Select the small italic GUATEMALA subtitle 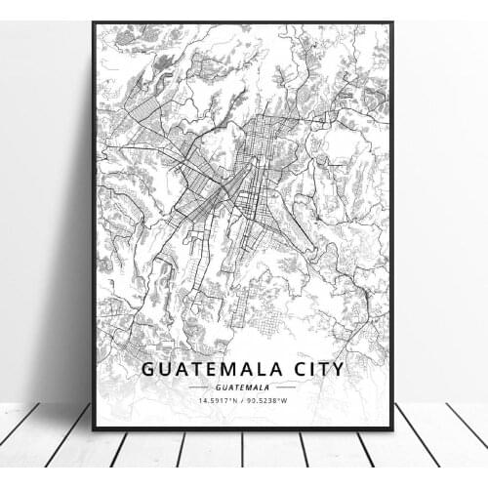(x=243, y=386)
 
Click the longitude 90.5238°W (x=272, y=400)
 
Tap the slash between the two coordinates (x=244, y=400)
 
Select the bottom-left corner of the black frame (x=95, y=428)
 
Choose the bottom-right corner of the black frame (x=392, y=428)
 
